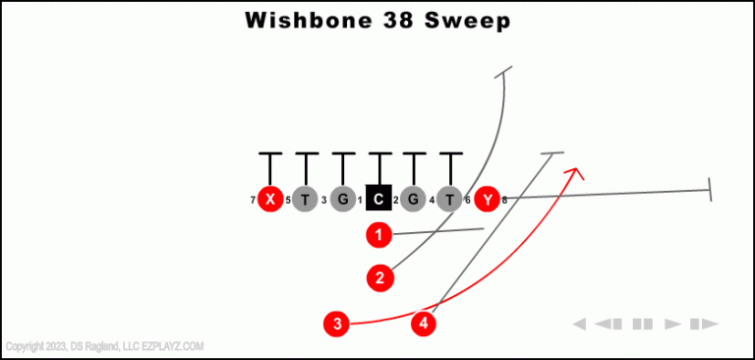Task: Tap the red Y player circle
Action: [487, 200]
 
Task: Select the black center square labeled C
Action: [378, 200]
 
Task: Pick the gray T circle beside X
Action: [306, 200]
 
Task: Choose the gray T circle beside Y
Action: [449, 200]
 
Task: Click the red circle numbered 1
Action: [378, 235]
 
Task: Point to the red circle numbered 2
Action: [379, 278]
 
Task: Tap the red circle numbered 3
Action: [337, 323]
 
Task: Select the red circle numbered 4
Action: [424, 323]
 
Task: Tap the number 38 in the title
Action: [397, 21]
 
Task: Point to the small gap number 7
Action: [253, 201]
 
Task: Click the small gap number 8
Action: [504, 201]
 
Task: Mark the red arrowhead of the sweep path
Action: [573, 173]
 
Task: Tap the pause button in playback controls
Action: [643, 324]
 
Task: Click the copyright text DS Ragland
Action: [92, 346]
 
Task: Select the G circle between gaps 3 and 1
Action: [342, 200]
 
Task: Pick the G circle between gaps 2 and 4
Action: [414, 200]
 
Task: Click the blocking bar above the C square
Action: [378, 154]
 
